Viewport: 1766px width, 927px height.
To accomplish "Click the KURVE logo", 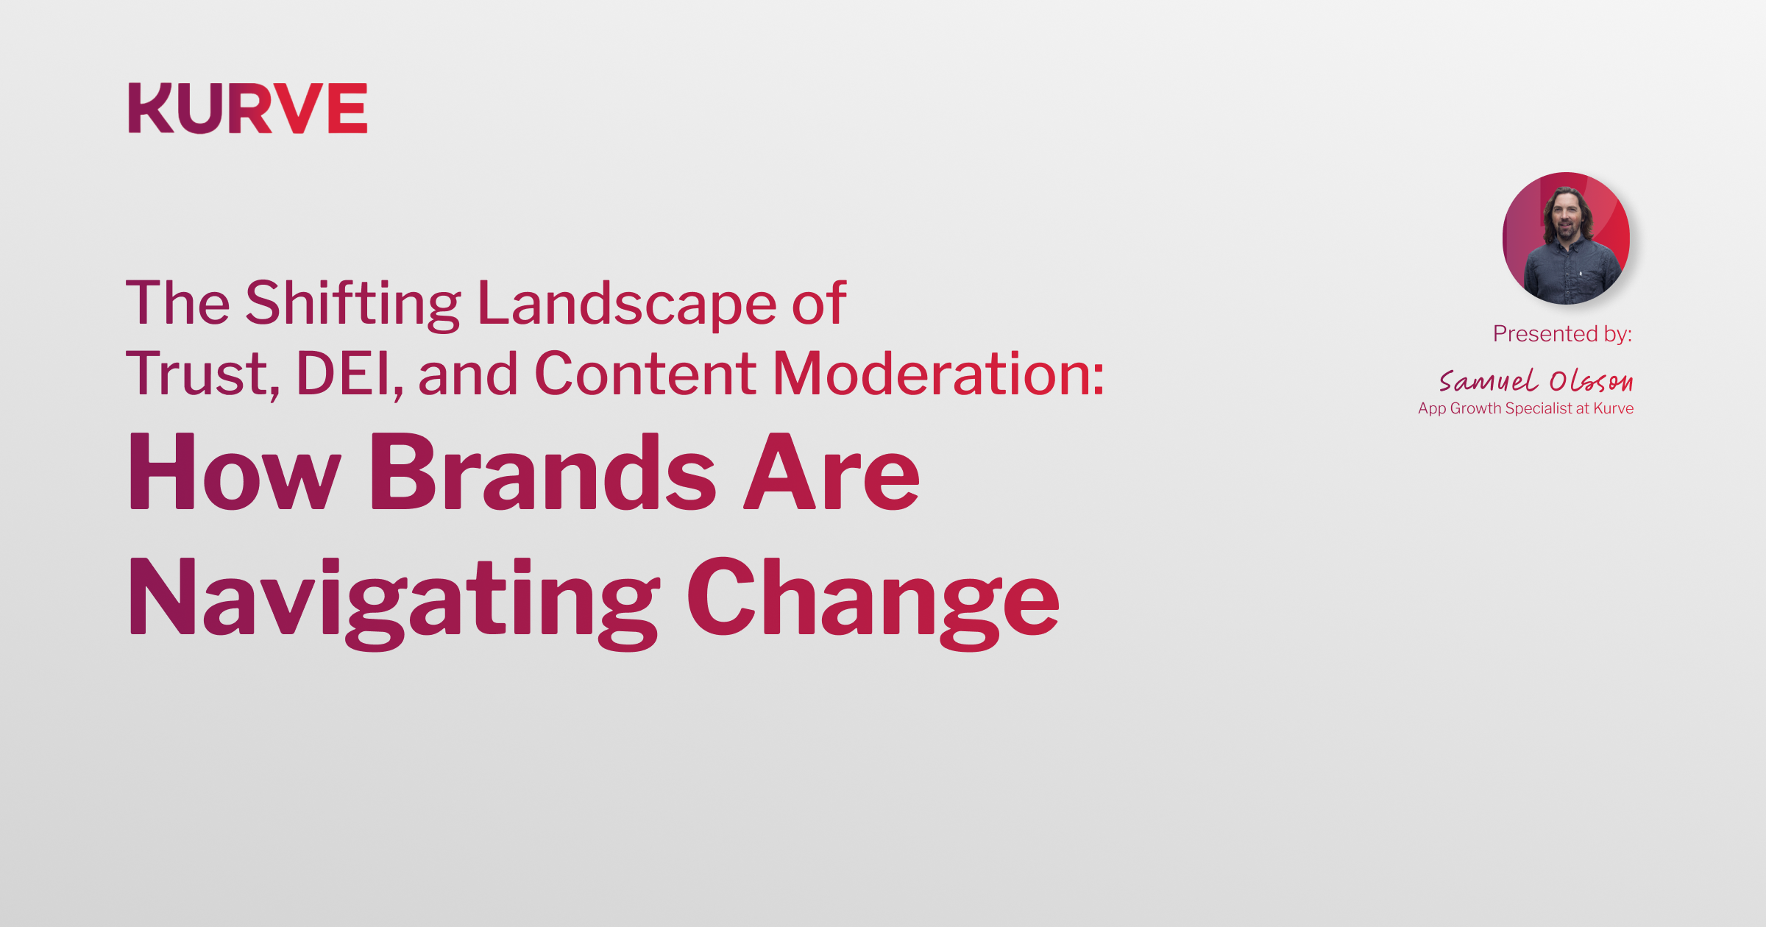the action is tap(248, 108).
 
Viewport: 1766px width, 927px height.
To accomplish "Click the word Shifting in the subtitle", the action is tap(353, 303).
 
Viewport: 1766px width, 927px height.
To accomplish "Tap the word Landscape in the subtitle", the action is tap(627, 303).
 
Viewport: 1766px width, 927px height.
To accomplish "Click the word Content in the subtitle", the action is tap(645, 374).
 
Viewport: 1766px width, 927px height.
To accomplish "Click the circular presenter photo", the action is tap(1566, 238).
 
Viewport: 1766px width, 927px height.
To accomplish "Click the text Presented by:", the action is tap(1562, 334).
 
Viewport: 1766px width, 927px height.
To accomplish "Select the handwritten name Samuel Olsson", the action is tap(1536, 380).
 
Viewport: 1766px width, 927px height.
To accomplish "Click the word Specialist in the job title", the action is tap(1539, 409).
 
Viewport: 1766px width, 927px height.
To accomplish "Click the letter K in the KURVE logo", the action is tap(152, 108).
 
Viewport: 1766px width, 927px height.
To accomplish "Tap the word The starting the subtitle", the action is tap(178, 303).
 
